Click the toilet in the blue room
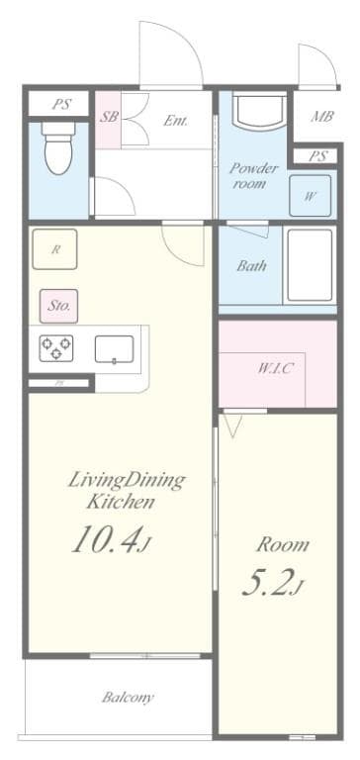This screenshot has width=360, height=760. (58, 149)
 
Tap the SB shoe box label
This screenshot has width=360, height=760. (109, 117)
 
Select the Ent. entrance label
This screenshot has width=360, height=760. (175, 122)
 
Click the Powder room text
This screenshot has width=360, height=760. (254, 175)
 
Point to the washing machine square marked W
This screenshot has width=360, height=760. (310, 196)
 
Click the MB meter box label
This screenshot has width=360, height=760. (322, 117)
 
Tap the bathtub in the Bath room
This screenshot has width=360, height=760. (311, 265)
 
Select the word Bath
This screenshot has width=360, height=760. (251, 266)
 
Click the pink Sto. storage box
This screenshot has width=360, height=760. (59, 306)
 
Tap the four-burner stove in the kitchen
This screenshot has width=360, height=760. (55, 348)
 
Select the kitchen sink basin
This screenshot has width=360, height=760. (115, 349)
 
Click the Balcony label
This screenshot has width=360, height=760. (128, 698)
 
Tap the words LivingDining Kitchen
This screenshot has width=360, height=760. (126, 491)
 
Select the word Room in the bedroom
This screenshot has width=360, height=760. (283, 544)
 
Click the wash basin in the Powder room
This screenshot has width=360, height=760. (260, 115)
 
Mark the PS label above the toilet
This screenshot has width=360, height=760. (60, 103)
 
